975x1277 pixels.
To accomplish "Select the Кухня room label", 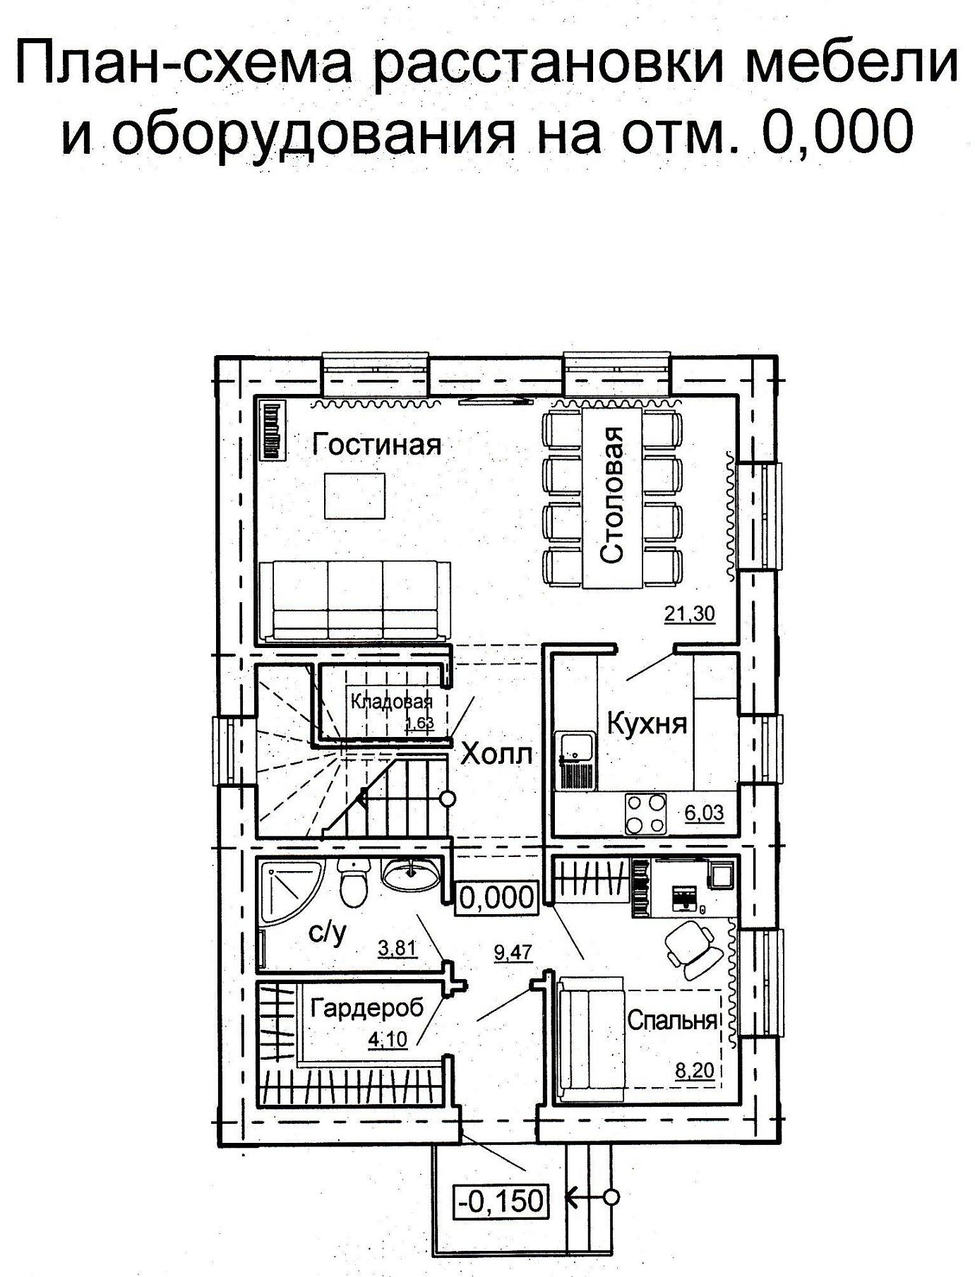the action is tap(647, 724).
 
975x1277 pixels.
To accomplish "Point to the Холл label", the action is tap(498, 754).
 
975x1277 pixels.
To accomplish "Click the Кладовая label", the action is tap(391, 701).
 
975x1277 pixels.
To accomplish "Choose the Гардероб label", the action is tap(367, 1007).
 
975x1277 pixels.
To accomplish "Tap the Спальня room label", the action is tap(672, 1020).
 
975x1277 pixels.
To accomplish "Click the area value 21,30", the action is tap(690, 614).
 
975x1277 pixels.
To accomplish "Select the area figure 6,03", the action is tap(704, 813).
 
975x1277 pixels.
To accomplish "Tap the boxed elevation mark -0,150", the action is tap(501, 1199).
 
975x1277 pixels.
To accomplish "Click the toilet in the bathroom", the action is tap(353, 883).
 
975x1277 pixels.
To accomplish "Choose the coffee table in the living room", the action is tap(355, 496).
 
